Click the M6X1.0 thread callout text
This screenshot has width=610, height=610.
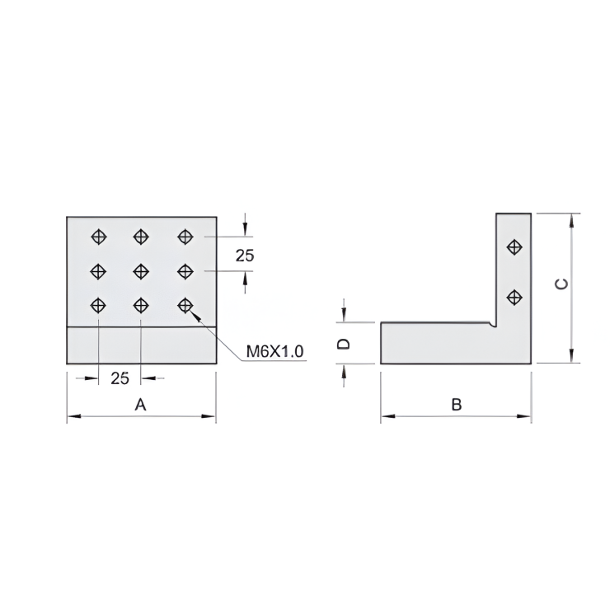pos(275,352)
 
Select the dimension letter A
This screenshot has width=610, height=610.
pos(140,405)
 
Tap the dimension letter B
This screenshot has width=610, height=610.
pos(456,405)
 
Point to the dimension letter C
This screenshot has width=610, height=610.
pos(561,284)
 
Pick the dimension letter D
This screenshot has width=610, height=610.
pos(346,343)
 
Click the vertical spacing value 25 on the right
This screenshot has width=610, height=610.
pos(245,256)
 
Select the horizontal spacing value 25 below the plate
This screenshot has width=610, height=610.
pos(120,378)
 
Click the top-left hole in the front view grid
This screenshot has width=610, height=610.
pos(98,237)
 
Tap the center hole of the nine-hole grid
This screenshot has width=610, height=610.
pos(141,270)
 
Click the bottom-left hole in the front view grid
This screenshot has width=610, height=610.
pos(98,305)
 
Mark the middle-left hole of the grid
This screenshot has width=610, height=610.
pos(98,270)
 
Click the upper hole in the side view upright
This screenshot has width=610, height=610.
pos(514,246)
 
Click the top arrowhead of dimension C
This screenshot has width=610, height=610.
pos(570,218)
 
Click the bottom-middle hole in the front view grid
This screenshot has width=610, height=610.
pos(141,305)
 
